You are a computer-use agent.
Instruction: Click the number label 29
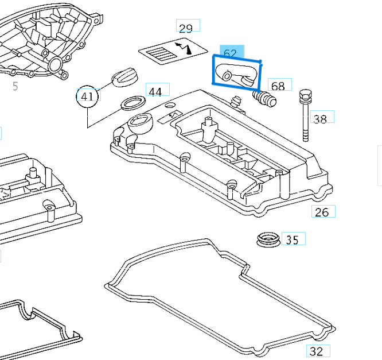186,28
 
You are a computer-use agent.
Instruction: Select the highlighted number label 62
231,52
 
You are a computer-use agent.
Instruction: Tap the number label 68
278,86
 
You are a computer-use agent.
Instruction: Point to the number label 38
321,118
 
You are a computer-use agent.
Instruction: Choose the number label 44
156,90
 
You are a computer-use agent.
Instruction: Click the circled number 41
87,96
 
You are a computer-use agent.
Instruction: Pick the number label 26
322,211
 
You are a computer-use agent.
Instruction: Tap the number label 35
293,239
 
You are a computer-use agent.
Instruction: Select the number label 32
317,351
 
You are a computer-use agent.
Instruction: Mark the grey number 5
15,86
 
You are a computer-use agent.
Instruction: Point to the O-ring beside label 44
131,104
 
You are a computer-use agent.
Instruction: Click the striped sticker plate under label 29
173,52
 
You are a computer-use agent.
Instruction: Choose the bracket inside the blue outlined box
237,73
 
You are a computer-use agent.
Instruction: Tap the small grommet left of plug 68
236,102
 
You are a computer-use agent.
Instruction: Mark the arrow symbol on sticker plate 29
185,48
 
